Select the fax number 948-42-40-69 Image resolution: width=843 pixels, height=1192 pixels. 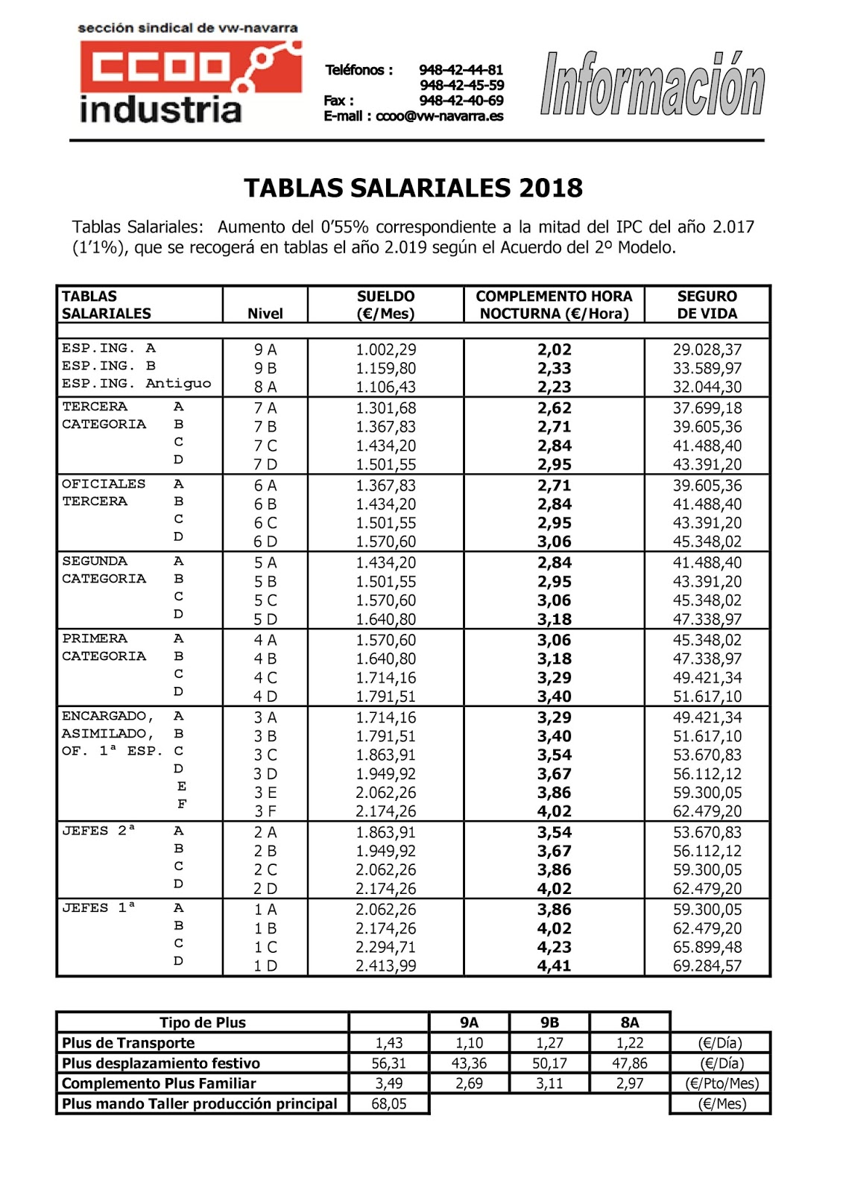461,101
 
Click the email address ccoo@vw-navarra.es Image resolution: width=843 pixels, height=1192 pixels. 439,116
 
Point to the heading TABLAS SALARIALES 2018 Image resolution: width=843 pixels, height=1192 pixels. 413,188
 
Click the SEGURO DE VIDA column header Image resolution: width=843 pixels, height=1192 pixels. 707,305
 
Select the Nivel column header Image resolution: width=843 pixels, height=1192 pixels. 265,314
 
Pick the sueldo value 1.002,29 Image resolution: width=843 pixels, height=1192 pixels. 385,349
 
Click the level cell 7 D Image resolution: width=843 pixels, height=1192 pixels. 265,464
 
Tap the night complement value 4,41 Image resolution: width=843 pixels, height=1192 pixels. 554,966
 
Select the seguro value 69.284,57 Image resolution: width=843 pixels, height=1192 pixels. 707,966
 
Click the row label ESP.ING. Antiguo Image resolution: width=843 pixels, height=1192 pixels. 136,384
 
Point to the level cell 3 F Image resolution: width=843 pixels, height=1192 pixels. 265,811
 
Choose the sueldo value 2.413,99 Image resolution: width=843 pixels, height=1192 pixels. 385,966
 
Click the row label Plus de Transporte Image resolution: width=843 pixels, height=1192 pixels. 128,1043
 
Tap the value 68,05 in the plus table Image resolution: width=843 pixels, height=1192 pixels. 389,1103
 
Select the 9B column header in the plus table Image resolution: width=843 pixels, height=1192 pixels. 549,1023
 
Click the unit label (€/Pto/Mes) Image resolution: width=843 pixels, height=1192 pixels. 721,1083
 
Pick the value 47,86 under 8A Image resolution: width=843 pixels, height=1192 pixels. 630,1063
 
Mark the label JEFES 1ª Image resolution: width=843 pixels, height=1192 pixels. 98,908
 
